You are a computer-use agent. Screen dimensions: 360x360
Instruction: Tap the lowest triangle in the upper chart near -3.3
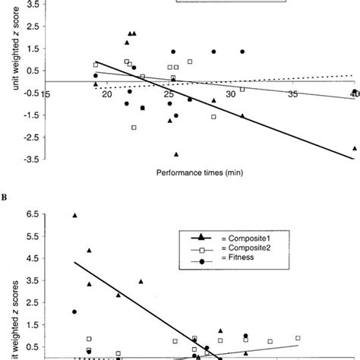click(176, 153)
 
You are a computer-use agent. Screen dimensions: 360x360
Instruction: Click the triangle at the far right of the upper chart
click(355, 148)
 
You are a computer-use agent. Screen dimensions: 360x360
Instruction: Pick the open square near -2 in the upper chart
click(134, 128)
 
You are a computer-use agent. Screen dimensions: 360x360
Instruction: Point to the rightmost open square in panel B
click(298, 338)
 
